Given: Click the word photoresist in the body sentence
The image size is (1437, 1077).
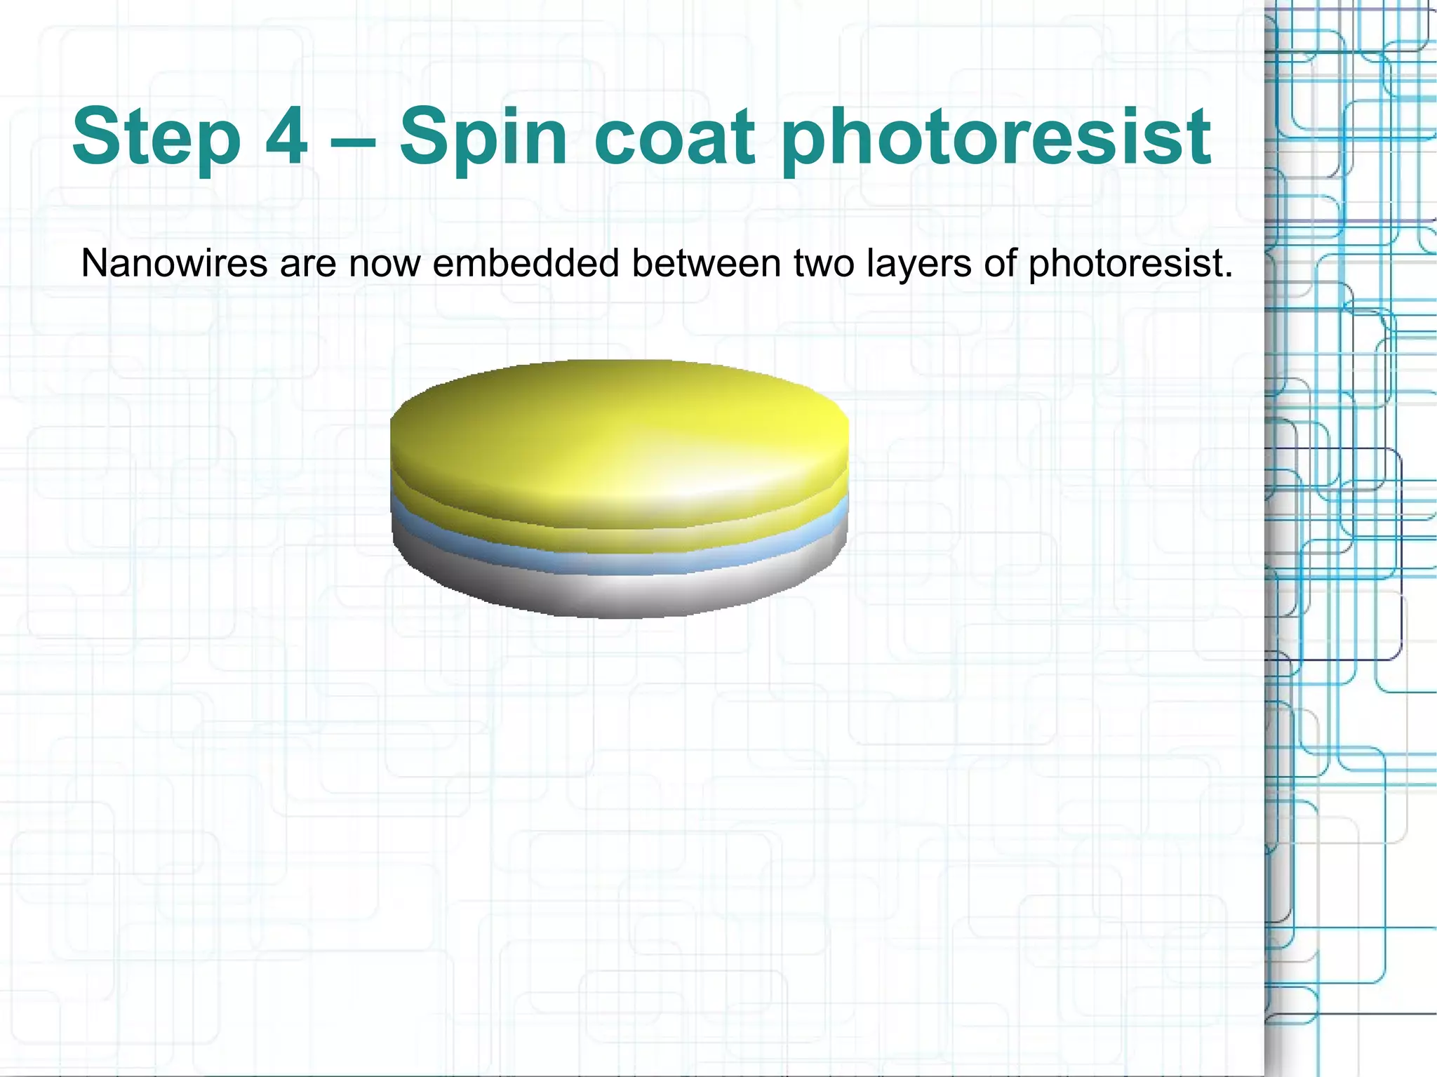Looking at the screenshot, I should click(x=1130, y=265).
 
